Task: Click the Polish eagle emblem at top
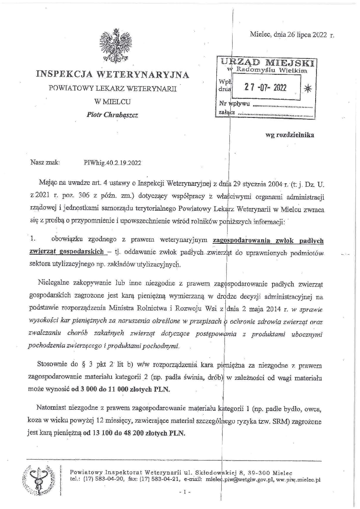(111, 46)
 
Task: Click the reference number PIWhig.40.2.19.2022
(112, 161)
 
